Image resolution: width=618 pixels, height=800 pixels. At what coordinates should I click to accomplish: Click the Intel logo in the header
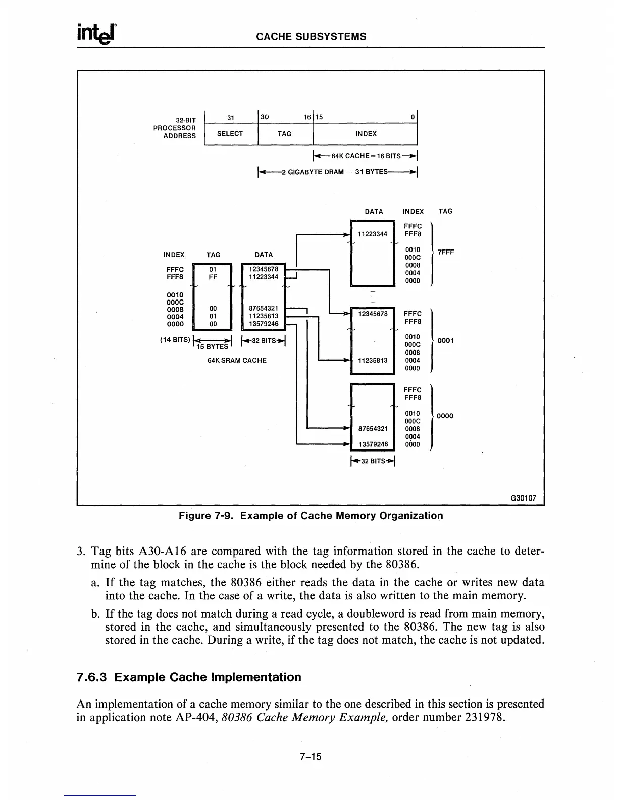pos(97,34)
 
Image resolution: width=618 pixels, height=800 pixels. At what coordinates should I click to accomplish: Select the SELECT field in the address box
pos(230,134)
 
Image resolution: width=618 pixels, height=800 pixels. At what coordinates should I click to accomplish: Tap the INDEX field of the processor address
pos(366,134)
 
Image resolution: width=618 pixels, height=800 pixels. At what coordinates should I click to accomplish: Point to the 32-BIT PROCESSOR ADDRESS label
pos(175,128)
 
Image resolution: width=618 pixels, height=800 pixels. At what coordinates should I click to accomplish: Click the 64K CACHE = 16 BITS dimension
pos(366,156)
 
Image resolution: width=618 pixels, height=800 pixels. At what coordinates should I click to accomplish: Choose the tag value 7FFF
pos(446,252)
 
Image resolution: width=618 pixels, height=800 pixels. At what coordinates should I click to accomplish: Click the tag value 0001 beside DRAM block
pos(445,340)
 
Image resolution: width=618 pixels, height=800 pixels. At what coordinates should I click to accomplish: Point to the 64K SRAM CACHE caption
pos(237,360)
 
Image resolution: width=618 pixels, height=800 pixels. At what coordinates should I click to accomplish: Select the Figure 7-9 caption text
pos(311,516)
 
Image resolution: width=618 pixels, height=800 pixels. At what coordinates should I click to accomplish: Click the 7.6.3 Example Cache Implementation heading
pos(189,677)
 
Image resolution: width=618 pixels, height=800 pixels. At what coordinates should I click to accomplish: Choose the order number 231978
pos(484,717)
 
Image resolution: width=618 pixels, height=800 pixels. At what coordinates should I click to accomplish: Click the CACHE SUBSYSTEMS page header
pos(311,36)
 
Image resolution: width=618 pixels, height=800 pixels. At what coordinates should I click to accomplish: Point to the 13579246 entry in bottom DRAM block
pos(373,444)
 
